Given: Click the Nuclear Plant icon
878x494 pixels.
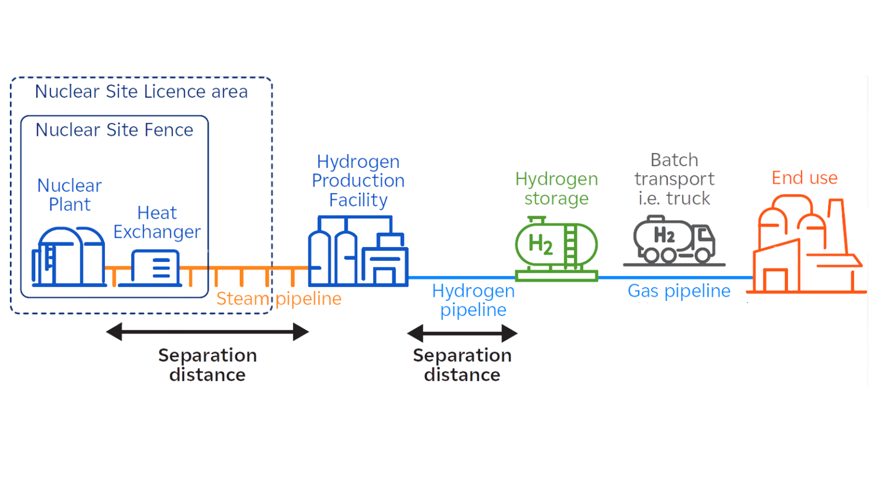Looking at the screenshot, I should click(x=69, y=257).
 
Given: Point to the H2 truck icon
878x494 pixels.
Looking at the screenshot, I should click(x=674, y=240).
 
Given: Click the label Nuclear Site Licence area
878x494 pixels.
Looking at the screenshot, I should click(x=141, y=92).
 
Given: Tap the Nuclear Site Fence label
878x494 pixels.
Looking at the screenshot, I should click(x=114, y=130).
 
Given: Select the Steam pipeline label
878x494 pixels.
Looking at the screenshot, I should click(x=279, y=299).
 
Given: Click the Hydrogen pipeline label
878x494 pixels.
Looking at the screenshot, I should click(x=473, y=300).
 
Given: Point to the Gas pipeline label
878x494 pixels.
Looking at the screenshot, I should click(x=679, y=291).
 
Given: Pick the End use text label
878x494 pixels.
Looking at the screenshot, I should click(x=804, y=178).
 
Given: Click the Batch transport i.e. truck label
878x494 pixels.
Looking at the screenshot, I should click(x=674, y=179).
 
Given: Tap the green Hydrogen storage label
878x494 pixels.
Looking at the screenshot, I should click(x=556, y=188).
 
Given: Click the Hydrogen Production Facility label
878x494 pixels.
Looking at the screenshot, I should click(x=358, y=181).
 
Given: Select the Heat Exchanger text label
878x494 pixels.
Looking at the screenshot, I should click(x=157, y=222).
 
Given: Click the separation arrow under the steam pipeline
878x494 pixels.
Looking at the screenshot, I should click(x=207, y=332).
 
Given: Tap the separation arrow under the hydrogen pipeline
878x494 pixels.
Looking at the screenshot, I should click(x=462, y=333).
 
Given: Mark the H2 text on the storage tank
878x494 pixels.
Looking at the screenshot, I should click(x=541, y=244).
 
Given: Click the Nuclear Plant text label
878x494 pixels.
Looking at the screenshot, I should click(x=70, y=195).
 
